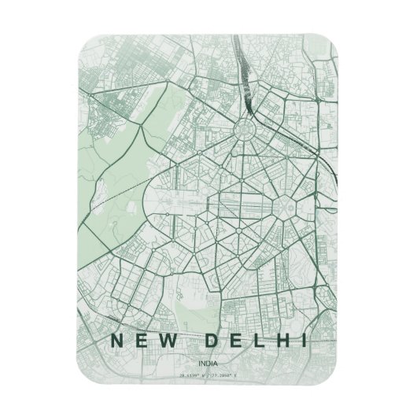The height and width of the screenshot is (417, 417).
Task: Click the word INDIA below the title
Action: (x=208, y=363)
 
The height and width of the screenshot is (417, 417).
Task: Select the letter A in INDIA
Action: (x=216, y=363)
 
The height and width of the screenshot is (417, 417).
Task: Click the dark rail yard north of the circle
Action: (x=249, y=87)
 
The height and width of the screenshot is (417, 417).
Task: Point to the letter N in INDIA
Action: (x=203, y=363)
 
